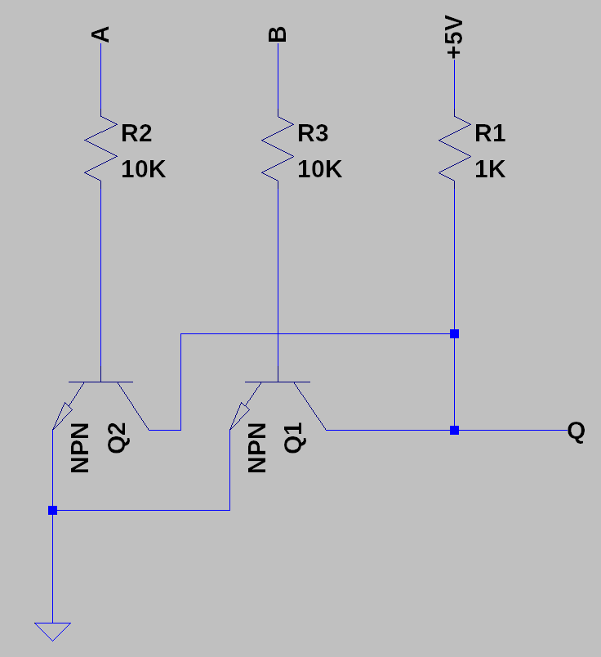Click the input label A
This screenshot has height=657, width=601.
pyautogui.click(x=102, y=34)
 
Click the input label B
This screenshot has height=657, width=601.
pyautogui.click(x=278, y=34)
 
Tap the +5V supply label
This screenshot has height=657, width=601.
pyautogui.click(x=455, y=40)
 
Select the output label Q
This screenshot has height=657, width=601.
pyautogui.click(x=577, y=431)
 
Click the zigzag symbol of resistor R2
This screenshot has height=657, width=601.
pyautogui.click(x=100, y=147)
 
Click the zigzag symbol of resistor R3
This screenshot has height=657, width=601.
pyautogui.click(x=278, y=147)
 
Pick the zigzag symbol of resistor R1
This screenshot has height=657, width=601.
pyautogui.click(x=454, y=147)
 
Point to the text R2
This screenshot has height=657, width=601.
pyautogui.click(x=136, y=133)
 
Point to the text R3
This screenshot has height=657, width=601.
pyautogui.click(x=314, y=133)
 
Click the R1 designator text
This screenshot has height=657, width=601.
pyautogui.click(x=490, y=133)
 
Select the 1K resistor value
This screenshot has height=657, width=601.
pyautogui.click(x=490, y=169)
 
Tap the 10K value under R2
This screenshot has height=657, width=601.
pyautogui.click(x=144, y=169)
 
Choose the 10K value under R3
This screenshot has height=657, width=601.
pyautogui.click(x=320, y=169)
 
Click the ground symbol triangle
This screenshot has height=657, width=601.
pyautogui.click(x=52, y=630)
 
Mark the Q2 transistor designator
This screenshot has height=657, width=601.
pyautogui.click(x=117, y=439)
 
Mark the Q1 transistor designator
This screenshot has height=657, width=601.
pyautogui.click(x=294, y=439)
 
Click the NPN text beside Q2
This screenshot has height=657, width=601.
pyautogui.click(x=80, y=448)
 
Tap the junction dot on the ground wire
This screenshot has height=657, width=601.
pyautogui.click(x=52, y=511)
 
